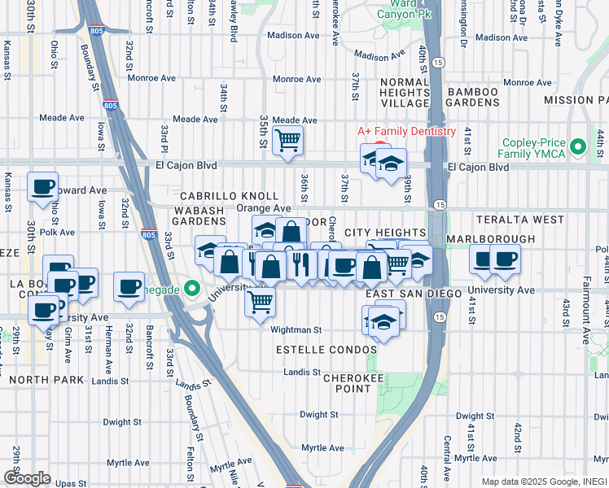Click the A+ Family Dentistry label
(x=407, y=132)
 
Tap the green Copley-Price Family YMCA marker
(x=578, y=147)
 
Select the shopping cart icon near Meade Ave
(x=287, y=141)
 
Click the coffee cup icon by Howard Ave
(x=42, y=186)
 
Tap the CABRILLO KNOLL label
(x=230, y=197)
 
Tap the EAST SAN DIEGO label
(x=404, y=293)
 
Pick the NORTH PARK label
(x=33, y=378)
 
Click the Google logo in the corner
(x=28, y=478)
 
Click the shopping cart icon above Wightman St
(x=260, y=302)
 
